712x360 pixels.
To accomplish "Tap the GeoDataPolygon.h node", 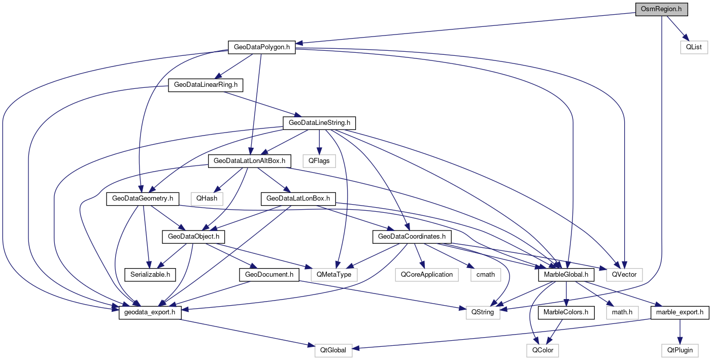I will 261,47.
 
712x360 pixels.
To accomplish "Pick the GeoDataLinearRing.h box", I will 206,85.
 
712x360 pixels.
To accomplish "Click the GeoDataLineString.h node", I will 319,123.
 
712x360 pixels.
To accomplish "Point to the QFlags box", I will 319,161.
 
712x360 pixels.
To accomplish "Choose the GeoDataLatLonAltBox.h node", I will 250,161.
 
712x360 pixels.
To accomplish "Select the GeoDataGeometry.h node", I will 142,199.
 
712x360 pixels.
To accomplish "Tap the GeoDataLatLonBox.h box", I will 298,199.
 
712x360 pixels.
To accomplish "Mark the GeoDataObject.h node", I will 193,237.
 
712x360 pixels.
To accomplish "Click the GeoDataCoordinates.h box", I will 412,237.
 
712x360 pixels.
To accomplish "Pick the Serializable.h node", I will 150,275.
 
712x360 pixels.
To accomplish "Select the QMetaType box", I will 334,275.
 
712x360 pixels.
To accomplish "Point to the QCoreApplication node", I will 426,275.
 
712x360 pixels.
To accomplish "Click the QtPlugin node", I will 680,350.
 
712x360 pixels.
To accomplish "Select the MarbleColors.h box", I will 565,312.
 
